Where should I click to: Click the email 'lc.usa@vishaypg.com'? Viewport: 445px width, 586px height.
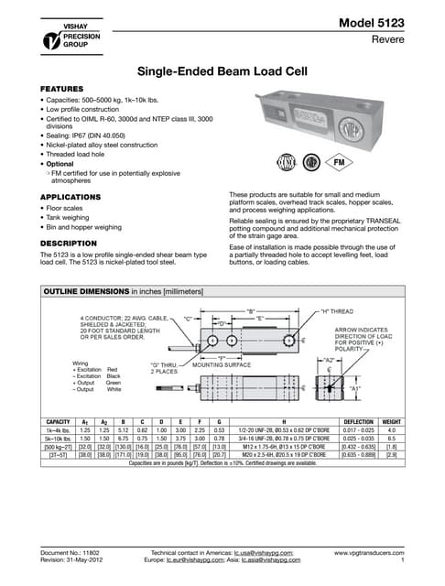(260, 554)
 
